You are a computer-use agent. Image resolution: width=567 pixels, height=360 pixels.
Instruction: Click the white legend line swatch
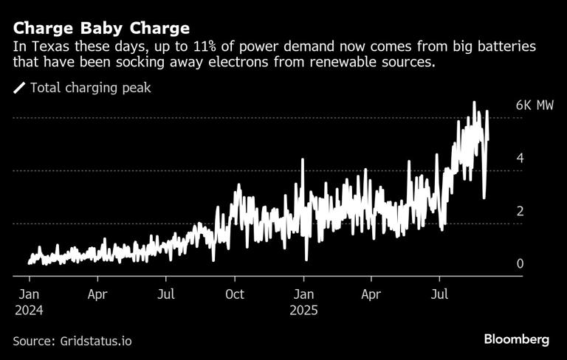(x=19, y=88)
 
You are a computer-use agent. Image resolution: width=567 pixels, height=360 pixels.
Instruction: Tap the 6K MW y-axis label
(x=535, y=105)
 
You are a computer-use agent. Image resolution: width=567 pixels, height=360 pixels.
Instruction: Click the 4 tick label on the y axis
(x=520, y=159)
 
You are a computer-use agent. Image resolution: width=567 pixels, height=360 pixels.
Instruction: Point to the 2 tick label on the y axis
(x=520, y=212)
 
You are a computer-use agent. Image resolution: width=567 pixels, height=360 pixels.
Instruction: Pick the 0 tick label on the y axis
(x=520, y=264)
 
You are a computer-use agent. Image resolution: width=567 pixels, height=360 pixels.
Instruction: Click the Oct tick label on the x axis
(x=235, y=294)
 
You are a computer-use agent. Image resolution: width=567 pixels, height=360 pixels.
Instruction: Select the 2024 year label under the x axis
(x=29, y=311)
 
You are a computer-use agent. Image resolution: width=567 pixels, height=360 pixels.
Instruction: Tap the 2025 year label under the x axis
(x=303, y=311)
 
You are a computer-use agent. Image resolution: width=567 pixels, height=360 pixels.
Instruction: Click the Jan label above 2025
(x=303, y=294)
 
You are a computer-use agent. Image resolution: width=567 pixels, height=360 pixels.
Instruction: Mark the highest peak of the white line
(x=474, y=102)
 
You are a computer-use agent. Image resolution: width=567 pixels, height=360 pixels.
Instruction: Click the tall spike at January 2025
(x=303, y=159)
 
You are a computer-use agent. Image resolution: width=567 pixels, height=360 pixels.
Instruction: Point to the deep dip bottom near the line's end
(x=484, y=198)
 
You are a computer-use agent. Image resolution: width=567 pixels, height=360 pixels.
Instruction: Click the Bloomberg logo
(x=516, y=339)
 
